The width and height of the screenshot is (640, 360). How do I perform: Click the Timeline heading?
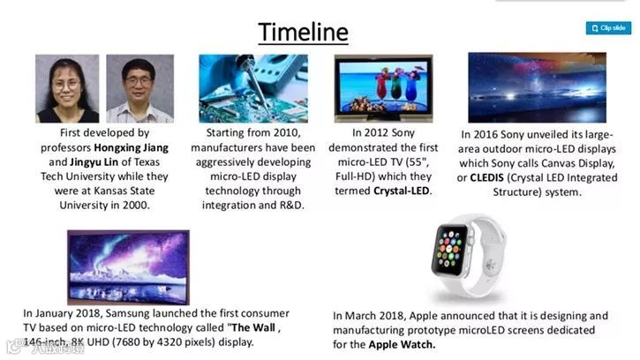(x=303, y=32)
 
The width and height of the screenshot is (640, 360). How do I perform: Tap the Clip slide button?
(x=608, y=28)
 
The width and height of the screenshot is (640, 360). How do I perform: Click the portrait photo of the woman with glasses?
(x=67, y=88)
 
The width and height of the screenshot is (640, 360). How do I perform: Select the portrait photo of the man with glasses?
(x=140, y=88)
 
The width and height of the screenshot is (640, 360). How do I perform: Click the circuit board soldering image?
(x=253, y=88)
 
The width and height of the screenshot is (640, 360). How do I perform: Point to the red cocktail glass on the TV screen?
(x=382, y=85)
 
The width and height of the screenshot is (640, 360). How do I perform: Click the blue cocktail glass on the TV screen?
(x=411, y=86)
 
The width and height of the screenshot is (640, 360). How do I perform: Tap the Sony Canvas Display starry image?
(x=537, y=87)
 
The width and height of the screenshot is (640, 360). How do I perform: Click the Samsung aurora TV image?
(x=128, y=267)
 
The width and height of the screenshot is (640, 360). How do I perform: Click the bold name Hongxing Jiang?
(x=131, y=147)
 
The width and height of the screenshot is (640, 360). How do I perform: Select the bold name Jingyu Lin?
(x=94, y=162)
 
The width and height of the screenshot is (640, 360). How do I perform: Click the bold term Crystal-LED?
(x=402, y=191)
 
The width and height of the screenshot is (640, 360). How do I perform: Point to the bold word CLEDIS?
(x=487, y=178)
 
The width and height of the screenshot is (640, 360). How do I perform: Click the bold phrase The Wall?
(x=253, y=327)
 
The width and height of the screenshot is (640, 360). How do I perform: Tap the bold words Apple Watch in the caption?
(x=401, y=344)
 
